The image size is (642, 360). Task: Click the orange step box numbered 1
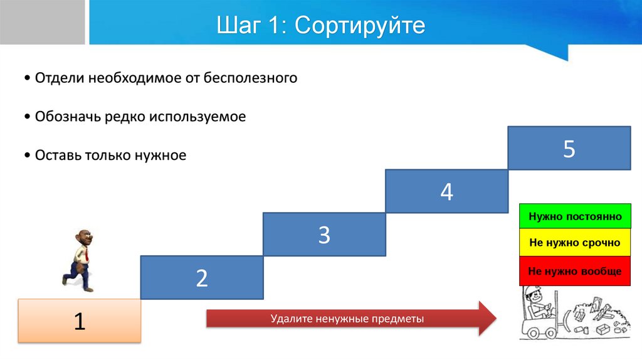[x=80, y=321]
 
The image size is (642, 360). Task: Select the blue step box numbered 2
[x=202, y=278]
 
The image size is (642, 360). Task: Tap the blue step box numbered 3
[x=324, y=235]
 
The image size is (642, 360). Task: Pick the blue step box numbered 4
[x=446, y=191]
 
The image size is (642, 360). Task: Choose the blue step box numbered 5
[x=569, y=148]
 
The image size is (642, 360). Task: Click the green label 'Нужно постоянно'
[x=575, y=216]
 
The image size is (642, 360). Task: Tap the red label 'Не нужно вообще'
[x=575, y=271]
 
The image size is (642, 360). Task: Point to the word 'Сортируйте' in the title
[x=360, y=26]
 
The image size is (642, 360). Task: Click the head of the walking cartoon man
[x=84, y=238]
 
